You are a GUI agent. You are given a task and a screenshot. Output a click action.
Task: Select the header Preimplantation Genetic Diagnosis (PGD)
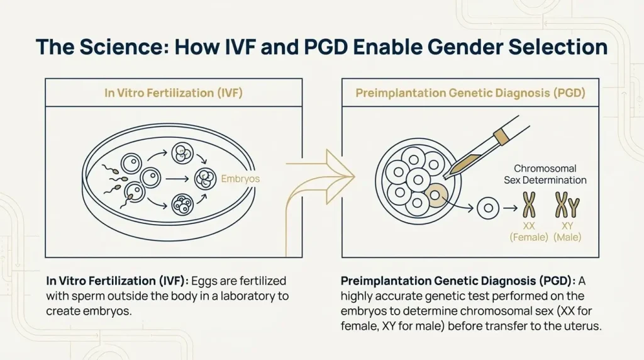click(470, 93)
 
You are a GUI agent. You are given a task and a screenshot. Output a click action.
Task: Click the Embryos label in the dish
click(240, 179)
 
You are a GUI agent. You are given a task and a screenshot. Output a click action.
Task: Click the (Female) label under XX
click(528, 237)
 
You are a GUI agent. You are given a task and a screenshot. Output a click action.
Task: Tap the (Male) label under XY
click(567, 237)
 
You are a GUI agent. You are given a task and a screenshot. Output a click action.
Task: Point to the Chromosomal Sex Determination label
click(545, 174)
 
